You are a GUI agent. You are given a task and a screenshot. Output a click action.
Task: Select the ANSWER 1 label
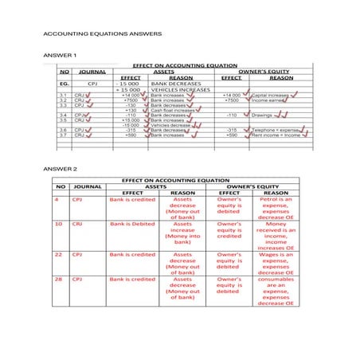click(x=60, y=55)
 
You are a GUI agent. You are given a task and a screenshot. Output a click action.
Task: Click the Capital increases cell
click(x=268, y=95)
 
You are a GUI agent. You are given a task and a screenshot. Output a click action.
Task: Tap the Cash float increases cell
click(x=173, y=110)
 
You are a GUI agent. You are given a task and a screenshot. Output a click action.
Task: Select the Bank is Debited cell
click(x=132, y=225)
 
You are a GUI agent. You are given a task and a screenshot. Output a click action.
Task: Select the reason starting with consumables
click(x=277, y=291)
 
